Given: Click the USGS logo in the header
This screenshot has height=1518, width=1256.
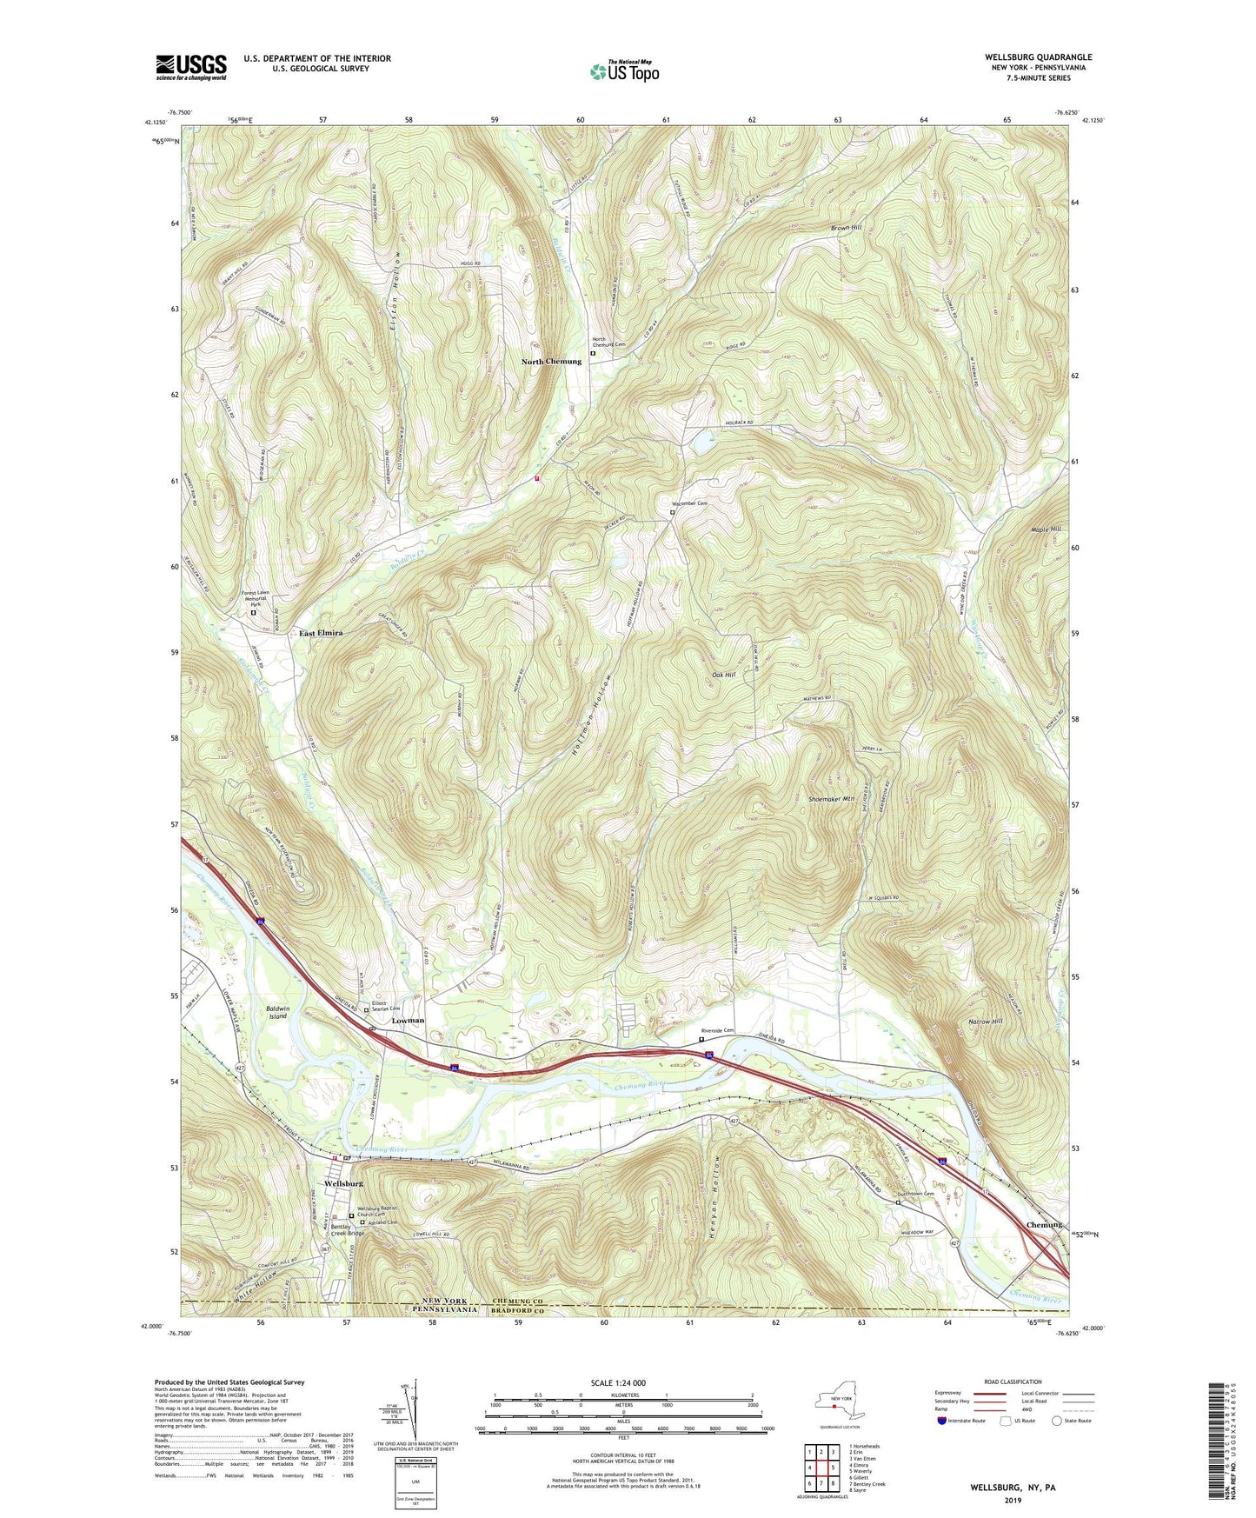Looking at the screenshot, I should point(190,66).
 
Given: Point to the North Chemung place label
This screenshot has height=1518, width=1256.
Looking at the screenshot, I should point(551,362).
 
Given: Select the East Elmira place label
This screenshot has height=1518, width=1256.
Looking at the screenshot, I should point(321,633).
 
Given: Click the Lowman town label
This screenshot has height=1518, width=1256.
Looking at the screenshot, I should point(408,1020).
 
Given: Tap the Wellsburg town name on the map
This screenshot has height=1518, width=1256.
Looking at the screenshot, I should point(342,1183).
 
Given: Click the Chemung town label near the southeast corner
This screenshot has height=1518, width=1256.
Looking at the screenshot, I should point(1043,1224).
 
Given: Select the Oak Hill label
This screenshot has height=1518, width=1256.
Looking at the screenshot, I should point(723,675).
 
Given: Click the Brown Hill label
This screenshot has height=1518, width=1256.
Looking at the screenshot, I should point(845,228).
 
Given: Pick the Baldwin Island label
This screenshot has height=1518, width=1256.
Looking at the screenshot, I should point(277,1011).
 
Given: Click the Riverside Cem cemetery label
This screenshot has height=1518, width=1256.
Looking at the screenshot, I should point(718,1030).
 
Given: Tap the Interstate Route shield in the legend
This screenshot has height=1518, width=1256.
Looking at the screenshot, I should point(944,1421).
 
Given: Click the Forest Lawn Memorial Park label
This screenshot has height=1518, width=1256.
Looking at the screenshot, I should point(258,599).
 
